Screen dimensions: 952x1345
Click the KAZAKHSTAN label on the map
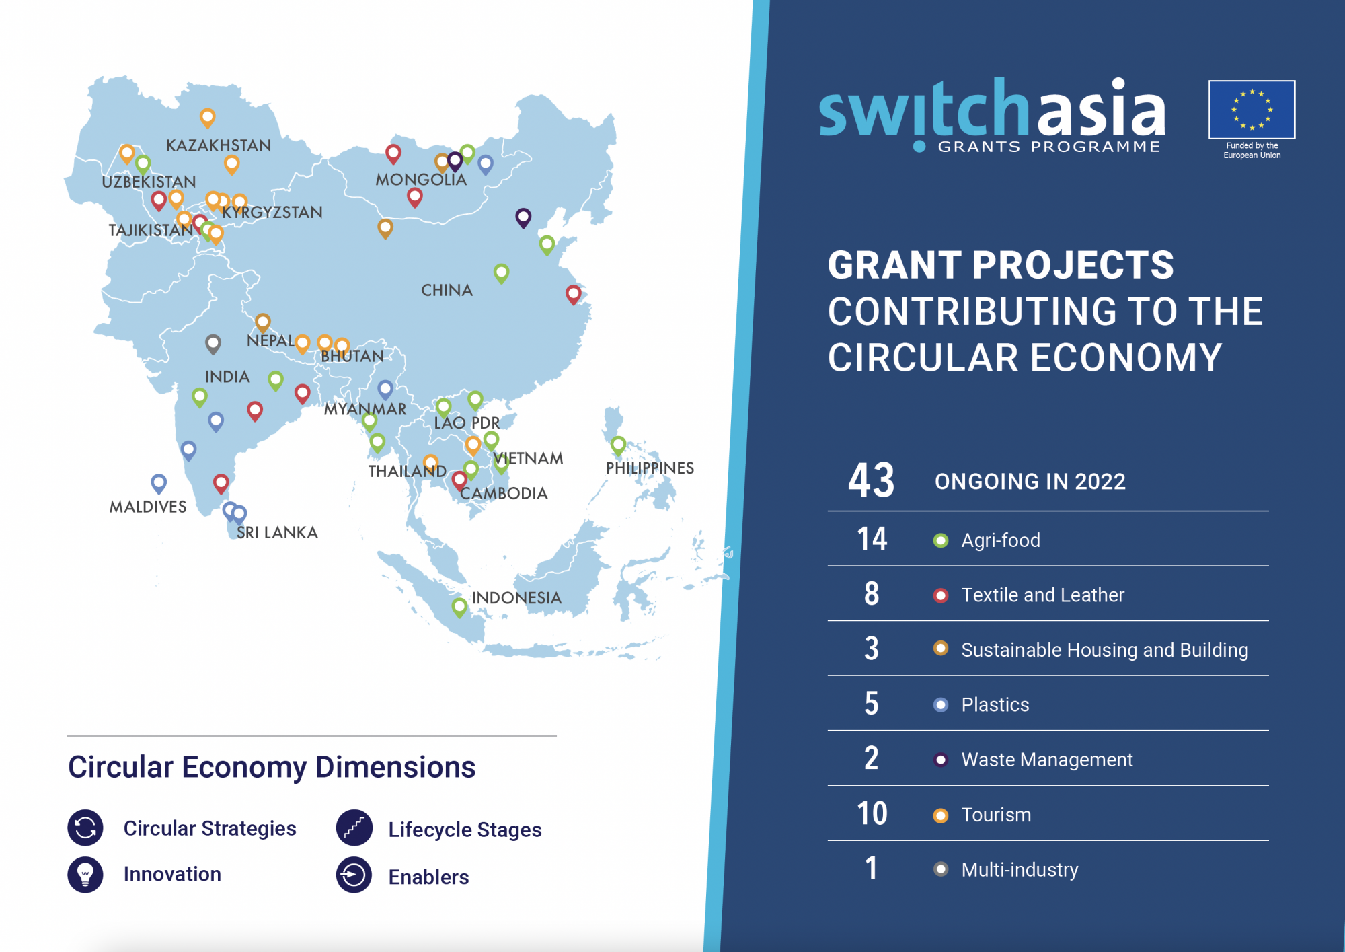click(219, 145)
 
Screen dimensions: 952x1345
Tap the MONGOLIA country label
click(421, 180)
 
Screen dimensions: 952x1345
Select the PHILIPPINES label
click(650, 468)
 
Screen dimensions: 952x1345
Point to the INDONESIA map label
click(516, 598)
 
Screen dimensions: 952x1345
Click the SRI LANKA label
click(277, 533)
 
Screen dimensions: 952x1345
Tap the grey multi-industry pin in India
click(213, 344)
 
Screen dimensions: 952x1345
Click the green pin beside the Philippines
click(618, 445)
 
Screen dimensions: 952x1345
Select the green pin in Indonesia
click(459, 607)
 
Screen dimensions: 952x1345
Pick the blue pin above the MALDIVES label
click(159, 482)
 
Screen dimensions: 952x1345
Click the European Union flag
click(1252, 110)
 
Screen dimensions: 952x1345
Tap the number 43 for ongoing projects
click(872, 480)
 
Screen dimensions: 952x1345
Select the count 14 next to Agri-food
click(872, 539)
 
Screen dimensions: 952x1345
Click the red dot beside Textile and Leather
click(941, 595)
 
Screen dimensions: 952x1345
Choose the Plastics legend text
click(995, 704)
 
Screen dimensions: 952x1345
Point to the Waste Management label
click(1047, 760)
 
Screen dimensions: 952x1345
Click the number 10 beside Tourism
click(872, 814)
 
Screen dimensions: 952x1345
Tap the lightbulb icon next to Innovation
click(85, 875)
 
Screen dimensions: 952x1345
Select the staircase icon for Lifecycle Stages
click(354, 828)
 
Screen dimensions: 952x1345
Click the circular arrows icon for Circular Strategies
click(85, 828)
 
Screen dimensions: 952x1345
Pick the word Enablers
click(428, 877)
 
